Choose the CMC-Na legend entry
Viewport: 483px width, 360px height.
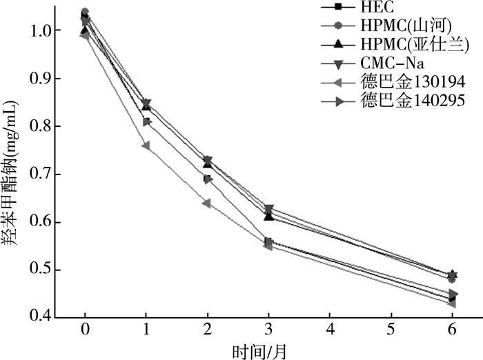click(388, 64)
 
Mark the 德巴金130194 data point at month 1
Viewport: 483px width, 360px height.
click(146, 146)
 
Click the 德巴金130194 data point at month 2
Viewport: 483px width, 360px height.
click(207, 203)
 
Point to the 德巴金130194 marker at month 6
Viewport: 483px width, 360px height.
click(453, 303)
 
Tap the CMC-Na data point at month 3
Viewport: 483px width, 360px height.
click(268, 208)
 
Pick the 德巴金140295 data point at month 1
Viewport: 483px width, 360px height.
click(146, 122)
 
